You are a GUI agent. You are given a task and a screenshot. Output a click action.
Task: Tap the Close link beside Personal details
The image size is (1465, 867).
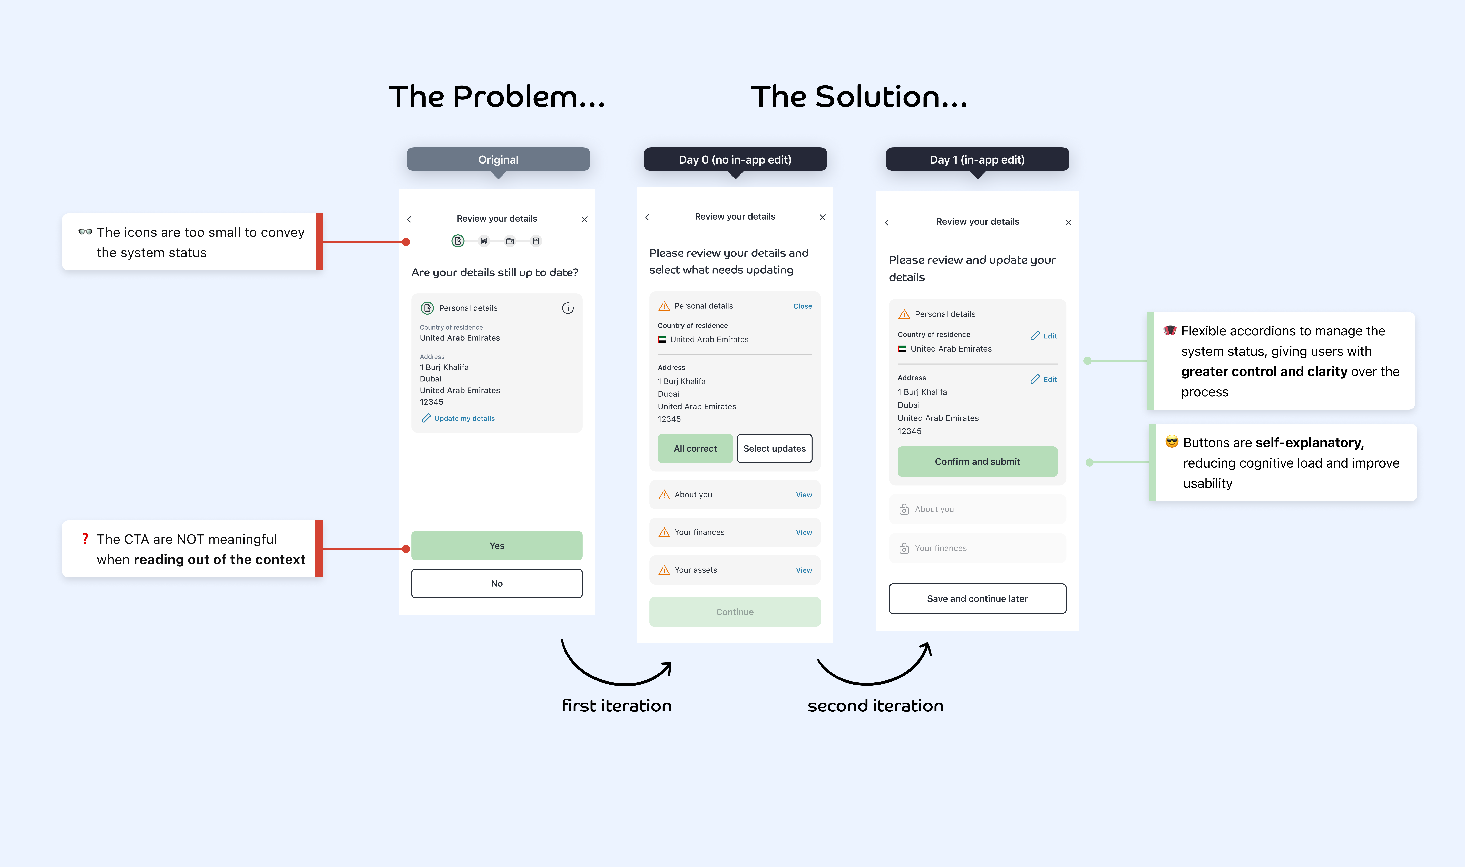click(x=802, y=306)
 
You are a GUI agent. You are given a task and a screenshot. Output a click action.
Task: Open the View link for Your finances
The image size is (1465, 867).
click(x=803, y=532)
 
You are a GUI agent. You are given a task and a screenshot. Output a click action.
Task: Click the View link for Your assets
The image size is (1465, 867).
click(x=803, y=570)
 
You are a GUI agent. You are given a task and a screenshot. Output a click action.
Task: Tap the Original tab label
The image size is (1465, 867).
click(x=498, y=160)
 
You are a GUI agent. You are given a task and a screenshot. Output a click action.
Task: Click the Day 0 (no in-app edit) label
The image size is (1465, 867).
click(x=735, y=160)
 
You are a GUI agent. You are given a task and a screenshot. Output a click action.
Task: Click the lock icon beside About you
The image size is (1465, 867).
click(x=904, y=509)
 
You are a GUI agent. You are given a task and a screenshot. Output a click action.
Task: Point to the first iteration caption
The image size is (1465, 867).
click(x=616, y=706)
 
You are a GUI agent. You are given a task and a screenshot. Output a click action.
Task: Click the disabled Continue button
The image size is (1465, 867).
click(x=734, y=612)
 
